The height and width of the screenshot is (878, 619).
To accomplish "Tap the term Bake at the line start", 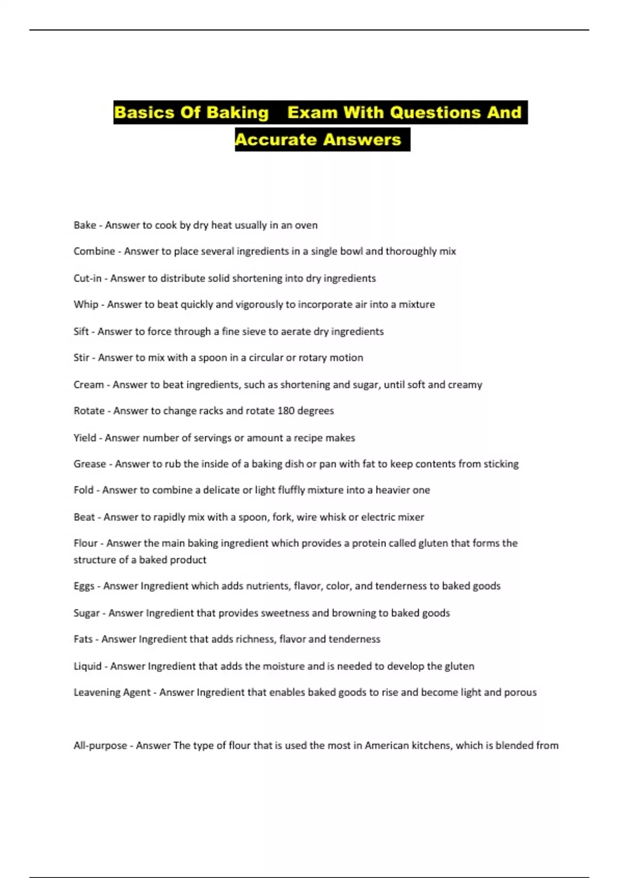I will (85, 225).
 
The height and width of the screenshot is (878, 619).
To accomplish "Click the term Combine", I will (94, 252).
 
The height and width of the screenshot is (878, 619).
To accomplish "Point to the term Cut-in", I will (87, 278).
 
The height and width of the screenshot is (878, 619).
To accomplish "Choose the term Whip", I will (86, 305).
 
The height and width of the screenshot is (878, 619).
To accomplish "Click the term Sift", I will (81, 332).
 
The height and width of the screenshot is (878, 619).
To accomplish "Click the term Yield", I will (85, 438).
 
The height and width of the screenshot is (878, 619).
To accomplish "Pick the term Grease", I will (90, 464).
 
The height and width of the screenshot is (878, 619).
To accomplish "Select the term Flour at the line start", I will (85, 543).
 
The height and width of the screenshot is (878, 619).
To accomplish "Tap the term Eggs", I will (84, 586).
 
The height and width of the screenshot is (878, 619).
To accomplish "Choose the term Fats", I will (83, 639).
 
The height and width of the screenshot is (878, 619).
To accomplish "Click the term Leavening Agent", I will (112, 693).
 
